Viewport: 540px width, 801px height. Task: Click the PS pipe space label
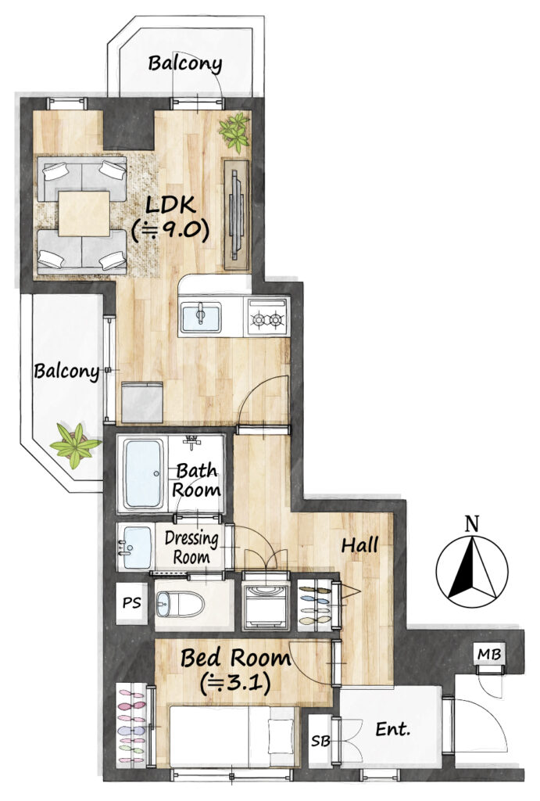click(132, 603)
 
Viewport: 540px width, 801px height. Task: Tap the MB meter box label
click(489, 654)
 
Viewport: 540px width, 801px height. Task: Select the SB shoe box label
click(320, 741)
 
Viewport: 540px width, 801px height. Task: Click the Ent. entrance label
click(392, 729)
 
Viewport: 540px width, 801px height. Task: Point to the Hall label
click(359, 545)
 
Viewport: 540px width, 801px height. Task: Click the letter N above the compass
click(473, 523)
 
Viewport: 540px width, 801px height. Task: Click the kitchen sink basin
click(201, 318)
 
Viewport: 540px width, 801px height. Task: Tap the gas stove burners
click(268, 318)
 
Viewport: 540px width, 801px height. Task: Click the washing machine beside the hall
click(266, 606)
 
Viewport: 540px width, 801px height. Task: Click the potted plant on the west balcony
click(76, 444)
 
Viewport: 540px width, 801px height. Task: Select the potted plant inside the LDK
click(234, 131)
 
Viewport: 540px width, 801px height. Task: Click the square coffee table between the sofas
click(84, 214)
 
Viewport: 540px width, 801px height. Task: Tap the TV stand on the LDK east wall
click(236, 214)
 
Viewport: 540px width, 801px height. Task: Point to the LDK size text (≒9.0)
click(170, 231)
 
